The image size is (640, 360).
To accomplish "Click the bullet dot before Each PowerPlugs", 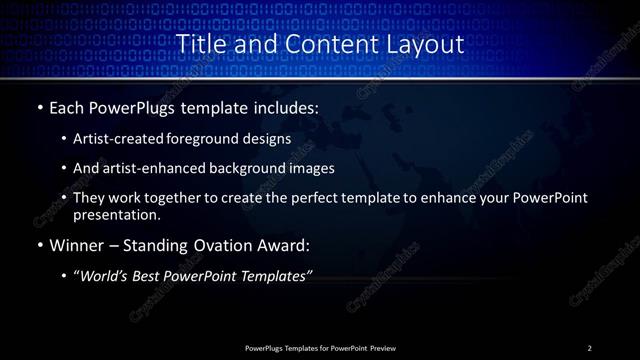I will (x=39, y=107).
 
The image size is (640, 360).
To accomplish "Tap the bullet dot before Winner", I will (x=39, y=246).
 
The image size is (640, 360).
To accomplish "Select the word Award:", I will (x=288, y=246).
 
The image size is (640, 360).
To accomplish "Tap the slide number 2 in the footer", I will (x=590, y=348).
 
